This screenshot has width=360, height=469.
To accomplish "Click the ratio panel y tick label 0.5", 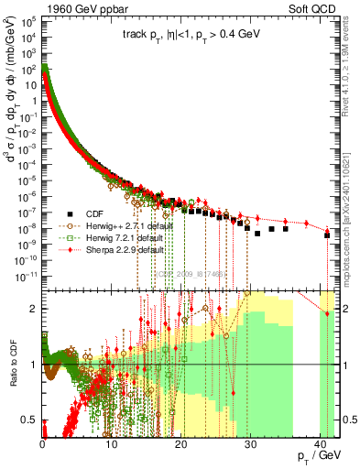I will click(33, 420).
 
